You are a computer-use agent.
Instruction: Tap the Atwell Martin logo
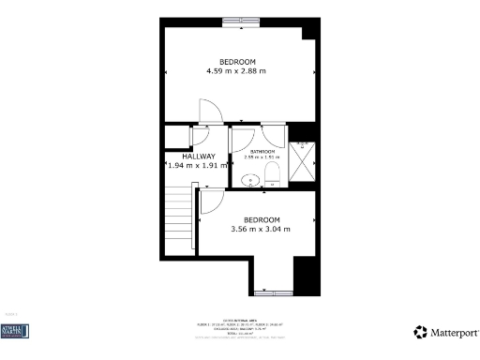click(15, 331)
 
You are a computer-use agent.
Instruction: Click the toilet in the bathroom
click(272, 174)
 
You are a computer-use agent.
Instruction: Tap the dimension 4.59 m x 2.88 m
click(236, 71)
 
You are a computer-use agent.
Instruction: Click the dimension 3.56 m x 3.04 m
click(261, 228)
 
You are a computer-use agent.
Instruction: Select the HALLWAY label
click(192, 157)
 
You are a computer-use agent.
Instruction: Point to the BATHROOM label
click(262, 151)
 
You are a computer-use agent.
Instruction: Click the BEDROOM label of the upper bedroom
click(237, 62)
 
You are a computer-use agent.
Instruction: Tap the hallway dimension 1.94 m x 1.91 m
click(192, 166)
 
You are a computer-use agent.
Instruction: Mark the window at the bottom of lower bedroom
click(272, 292)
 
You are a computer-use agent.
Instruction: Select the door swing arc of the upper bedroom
click(212, 111)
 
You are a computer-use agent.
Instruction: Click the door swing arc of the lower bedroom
click(212, 200)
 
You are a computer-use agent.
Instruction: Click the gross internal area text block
click(240, 328)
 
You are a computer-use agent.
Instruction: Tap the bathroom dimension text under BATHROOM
click(262, 157)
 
